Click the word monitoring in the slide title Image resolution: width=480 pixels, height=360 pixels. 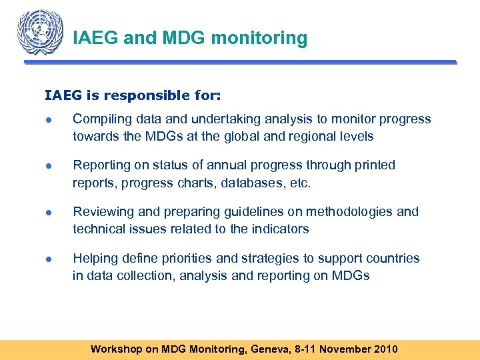[x=259, y=38]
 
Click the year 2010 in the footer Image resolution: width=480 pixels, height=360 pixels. [x=385, y=349]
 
